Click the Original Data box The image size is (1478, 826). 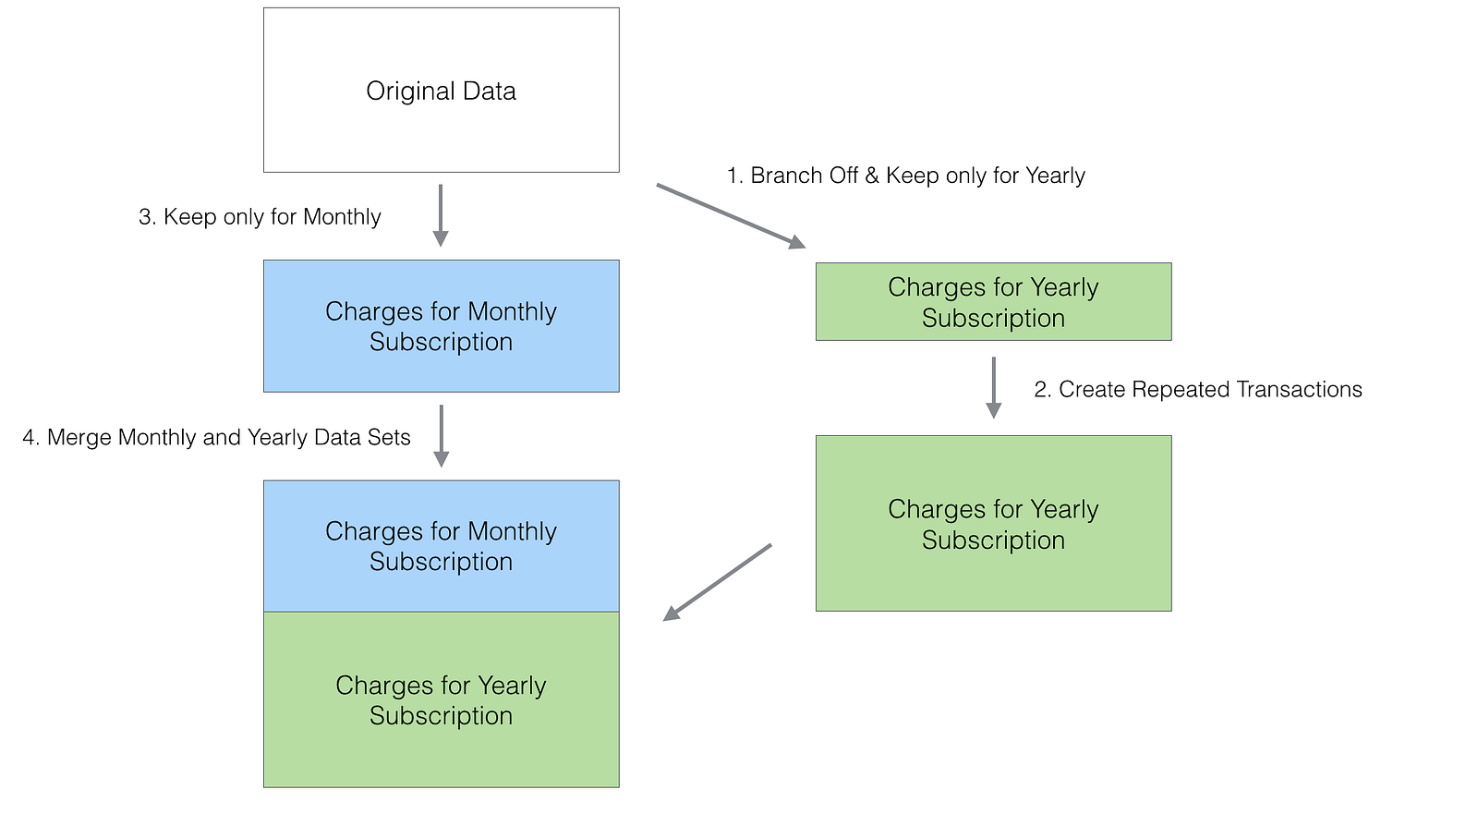442,91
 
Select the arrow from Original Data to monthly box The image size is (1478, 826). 441,215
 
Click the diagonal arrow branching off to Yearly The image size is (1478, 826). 731,216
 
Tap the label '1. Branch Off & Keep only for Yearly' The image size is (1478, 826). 906,176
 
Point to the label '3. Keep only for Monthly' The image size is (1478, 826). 260,217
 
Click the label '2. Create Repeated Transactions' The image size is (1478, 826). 1198,389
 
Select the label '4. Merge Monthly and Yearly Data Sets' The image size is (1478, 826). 216,437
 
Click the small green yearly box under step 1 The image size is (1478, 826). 994,302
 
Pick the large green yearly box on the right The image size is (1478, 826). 994,523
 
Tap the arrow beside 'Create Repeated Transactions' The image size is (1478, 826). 994,388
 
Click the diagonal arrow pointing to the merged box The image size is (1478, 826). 717,583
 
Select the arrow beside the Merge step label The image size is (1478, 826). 442,436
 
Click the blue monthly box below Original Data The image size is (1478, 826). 442,326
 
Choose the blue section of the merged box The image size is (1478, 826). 442,546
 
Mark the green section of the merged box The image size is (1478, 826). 442,700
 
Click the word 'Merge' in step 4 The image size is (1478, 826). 79,437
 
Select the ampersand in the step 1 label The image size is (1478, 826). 872,176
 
